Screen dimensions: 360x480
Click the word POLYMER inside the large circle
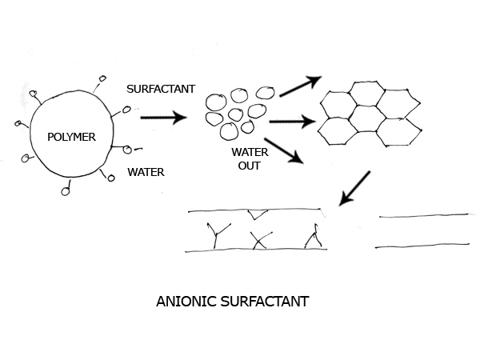point(71,138)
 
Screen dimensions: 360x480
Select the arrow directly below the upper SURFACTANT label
point(163,118)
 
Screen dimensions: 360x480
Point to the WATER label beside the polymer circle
point(146,170)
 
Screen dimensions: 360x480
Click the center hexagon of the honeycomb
point(367,118)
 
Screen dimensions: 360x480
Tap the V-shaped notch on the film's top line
point(257,214)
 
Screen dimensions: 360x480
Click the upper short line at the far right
point(423,215)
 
